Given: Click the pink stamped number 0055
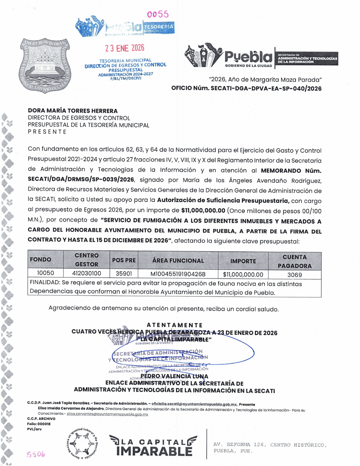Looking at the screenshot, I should (x=158, y=14).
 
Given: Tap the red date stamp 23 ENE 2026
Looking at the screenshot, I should (x=125, y=48).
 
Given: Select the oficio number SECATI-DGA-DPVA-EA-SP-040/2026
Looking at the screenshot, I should (x=266, y=88).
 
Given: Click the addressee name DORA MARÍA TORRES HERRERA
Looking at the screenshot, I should (x=73, y=111).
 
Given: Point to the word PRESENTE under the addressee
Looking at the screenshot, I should (x=47, y=132).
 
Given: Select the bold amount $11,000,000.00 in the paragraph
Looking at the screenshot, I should (x=203, y=210).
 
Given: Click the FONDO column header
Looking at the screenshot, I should (x=41, y=259).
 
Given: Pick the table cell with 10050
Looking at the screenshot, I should (x=46, y=273).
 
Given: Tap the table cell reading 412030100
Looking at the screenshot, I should (x=86, y=273).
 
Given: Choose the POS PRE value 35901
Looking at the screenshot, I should (x=124, y=274).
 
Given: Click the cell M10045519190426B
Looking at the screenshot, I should (x=178, y=274).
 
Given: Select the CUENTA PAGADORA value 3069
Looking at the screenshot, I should (x=294, y=275).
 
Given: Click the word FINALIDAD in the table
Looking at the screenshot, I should (x=45, y=282).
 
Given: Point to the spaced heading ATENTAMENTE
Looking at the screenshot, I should (x=174, y=325).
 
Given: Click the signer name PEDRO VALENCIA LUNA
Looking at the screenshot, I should (x=174, y=376).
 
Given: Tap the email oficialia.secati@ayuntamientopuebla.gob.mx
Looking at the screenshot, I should (x=194, y=404).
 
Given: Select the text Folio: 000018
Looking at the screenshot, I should (x=39, y=424).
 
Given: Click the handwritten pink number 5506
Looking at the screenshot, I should (x=36, y=454).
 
